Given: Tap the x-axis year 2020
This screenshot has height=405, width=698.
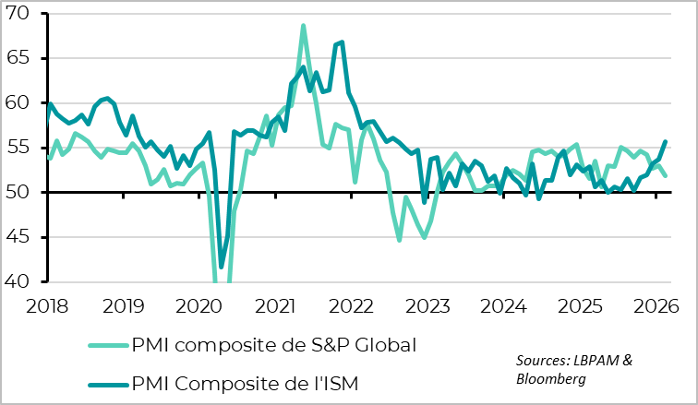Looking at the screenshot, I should (x=199, y=304).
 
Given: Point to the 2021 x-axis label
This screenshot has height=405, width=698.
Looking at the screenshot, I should (x=275, y=304).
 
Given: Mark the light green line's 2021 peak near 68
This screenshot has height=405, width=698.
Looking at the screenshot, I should (x=303, y=26).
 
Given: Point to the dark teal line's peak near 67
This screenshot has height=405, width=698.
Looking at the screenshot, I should (x=342, y=42).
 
